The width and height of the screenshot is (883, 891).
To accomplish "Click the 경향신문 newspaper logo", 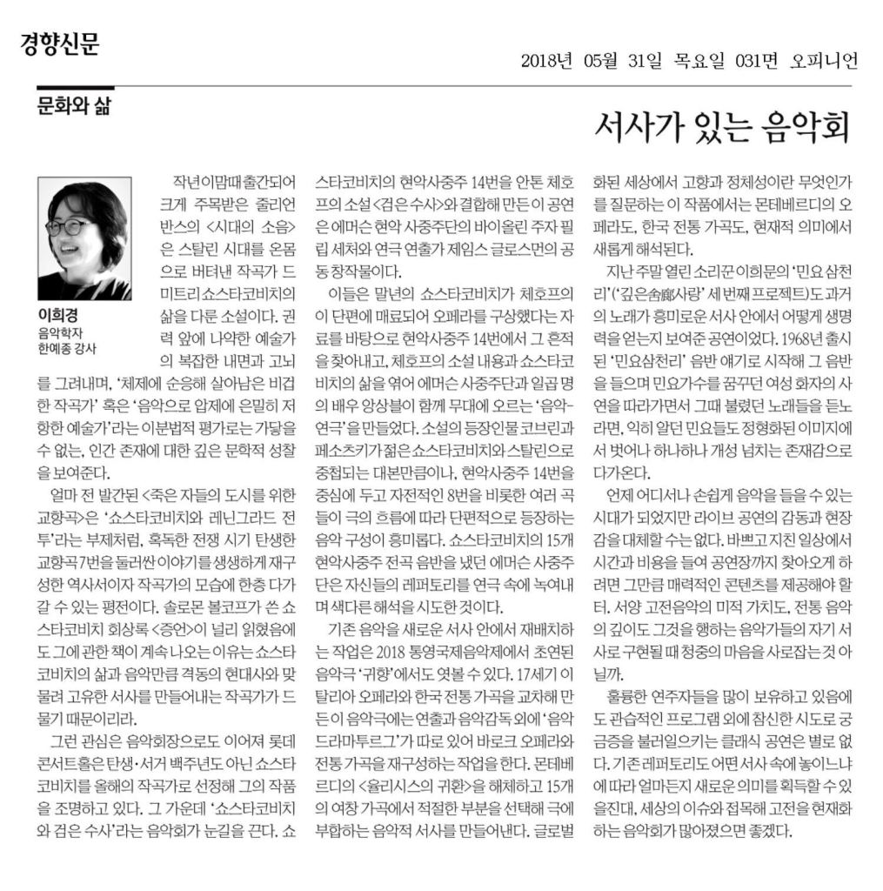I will coord(60,44).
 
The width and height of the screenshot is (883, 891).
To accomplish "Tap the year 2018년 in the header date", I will coord(546,60).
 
